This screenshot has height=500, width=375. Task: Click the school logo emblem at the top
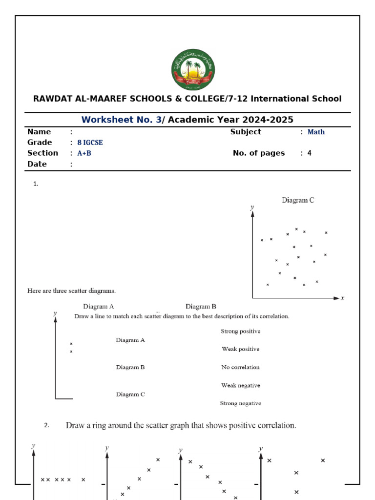coord(193,70)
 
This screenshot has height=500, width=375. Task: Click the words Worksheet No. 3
coord(121,120)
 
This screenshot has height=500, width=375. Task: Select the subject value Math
coord(316,132)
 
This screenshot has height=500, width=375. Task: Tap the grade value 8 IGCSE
coord(90,143)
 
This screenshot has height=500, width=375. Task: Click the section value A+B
coord(84,153)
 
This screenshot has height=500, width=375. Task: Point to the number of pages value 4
coord(309,153)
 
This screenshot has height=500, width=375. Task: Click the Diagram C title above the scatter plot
coord(297,200)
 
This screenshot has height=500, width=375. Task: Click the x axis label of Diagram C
coord(343,298)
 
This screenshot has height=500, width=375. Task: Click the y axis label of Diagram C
coord(252,207)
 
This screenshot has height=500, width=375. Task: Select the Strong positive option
coord(241,331)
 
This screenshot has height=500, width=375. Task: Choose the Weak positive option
coord(241,349)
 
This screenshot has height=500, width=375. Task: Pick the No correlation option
coord(241,367)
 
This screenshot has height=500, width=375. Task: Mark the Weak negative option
coord(241,385)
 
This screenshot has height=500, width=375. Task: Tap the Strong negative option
coord(241,403)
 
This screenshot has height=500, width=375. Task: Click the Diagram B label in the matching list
coord(130,367)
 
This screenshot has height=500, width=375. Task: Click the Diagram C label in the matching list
coord(130,394)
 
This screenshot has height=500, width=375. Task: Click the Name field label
coord(39,132)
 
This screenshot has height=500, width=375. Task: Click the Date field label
coord(37,164)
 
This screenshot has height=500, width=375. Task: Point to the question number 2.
coord(47,425)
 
